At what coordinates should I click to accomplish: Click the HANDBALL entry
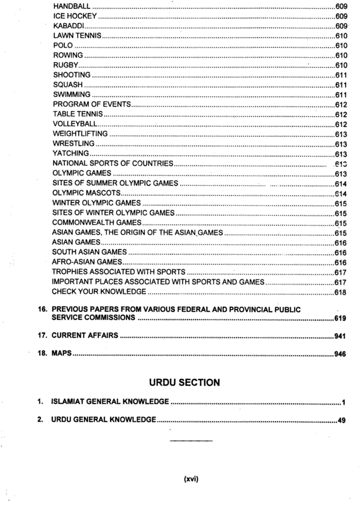coord(71,7)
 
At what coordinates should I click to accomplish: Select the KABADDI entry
coord(68,26)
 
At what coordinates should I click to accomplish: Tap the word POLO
coord(63,46)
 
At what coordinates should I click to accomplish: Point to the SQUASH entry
coord(68,85)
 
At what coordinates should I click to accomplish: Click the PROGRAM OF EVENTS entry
coord(92,104)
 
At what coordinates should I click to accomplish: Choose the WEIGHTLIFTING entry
coord(80,134)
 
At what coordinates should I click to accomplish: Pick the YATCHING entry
coord(71,154)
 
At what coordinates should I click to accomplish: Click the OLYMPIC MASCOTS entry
coord(86,193)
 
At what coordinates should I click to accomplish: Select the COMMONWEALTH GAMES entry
coord(96,223)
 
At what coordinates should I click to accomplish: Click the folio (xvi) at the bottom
coord(191,480)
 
